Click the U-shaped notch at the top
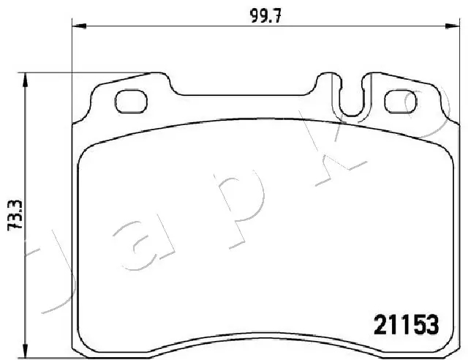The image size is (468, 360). coord(352,99)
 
